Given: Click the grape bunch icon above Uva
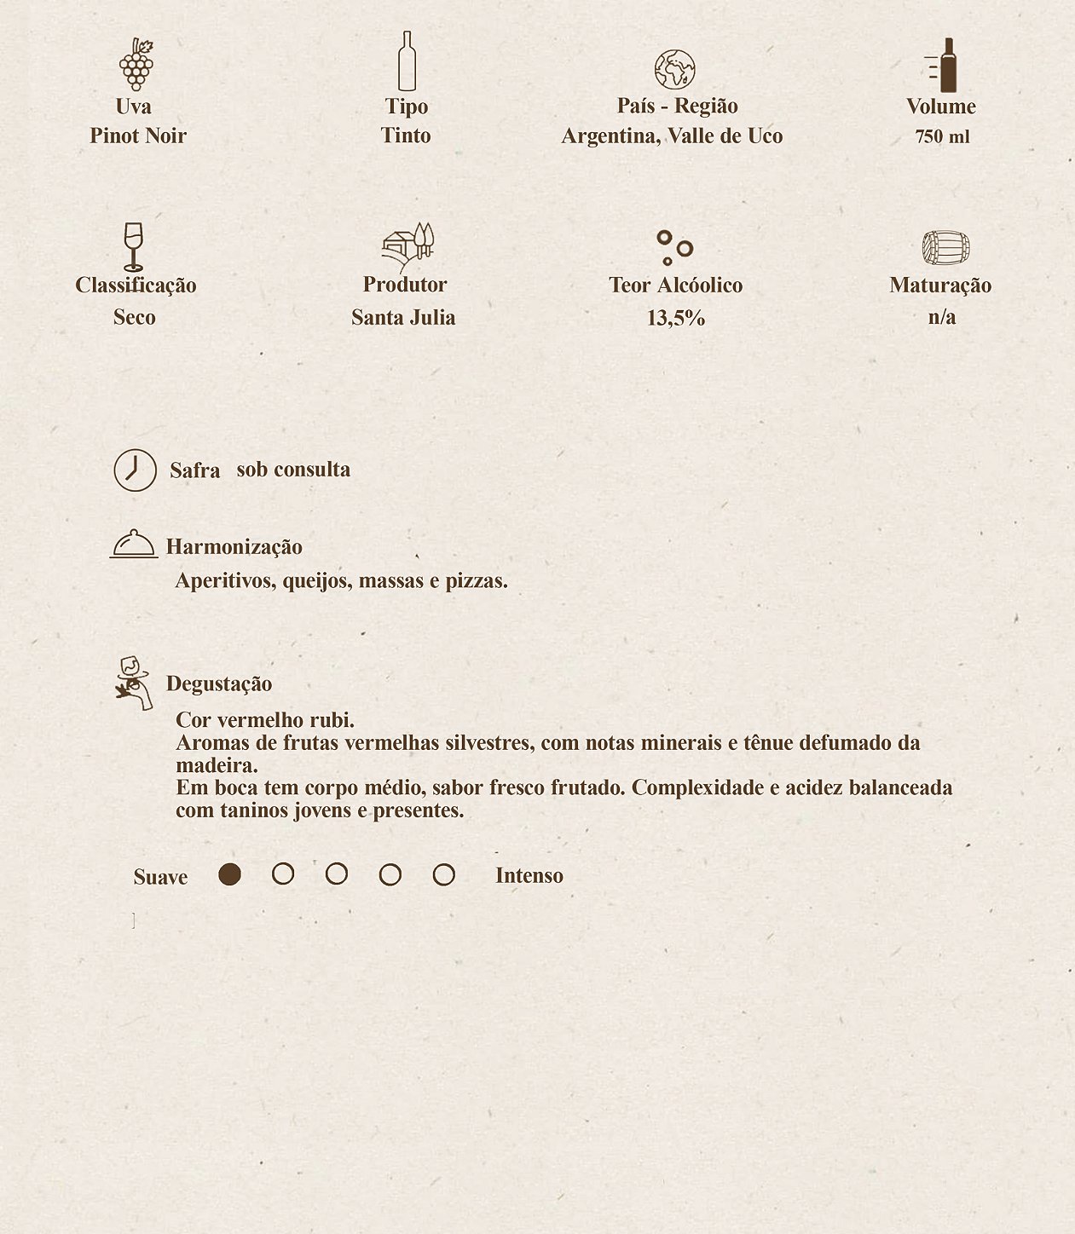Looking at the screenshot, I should (136, 65).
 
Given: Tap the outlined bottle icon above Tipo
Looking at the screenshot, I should (407, 61).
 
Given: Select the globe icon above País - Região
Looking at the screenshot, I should (674, 70).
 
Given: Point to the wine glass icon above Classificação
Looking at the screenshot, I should (133, 246).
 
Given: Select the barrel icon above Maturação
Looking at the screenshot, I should (945, 248).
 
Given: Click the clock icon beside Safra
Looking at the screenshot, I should (136, 470).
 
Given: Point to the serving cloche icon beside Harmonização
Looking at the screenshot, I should (134, 544).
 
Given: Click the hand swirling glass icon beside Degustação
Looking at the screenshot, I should (134, 683).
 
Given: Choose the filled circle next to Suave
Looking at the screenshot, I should (229, 874).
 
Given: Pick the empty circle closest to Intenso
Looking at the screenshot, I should (443, 874).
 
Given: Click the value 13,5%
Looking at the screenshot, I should (676, 318).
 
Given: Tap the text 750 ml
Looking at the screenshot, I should (942, 136).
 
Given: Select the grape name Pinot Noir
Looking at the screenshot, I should (138, 136).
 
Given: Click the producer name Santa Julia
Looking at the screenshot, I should (403, 317).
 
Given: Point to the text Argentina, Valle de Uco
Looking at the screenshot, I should (672, 136).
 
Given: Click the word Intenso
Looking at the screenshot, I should (529, 875).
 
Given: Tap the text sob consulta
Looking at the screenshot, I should (293, 470).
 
